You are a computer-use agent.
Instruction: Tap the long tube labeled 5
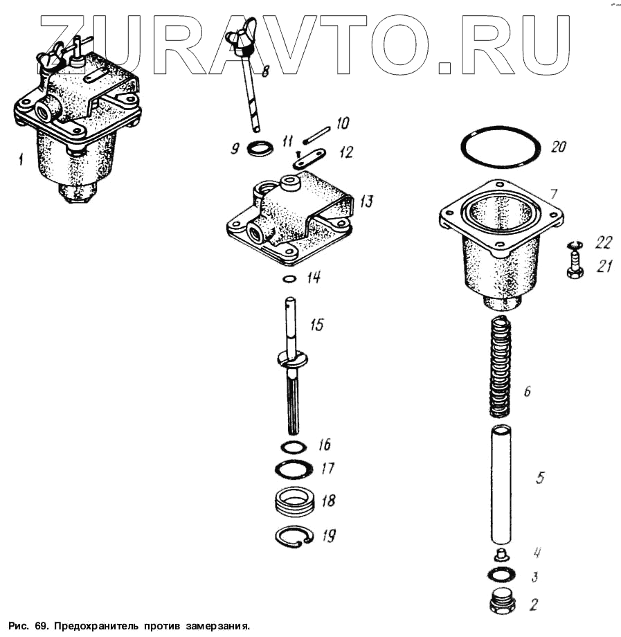click(x=501, y=485)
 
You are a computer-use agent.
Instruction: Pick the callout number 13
click(x=367, y=201)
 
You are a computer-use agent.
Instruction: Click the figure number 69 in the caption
click(x=40, y=625)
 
